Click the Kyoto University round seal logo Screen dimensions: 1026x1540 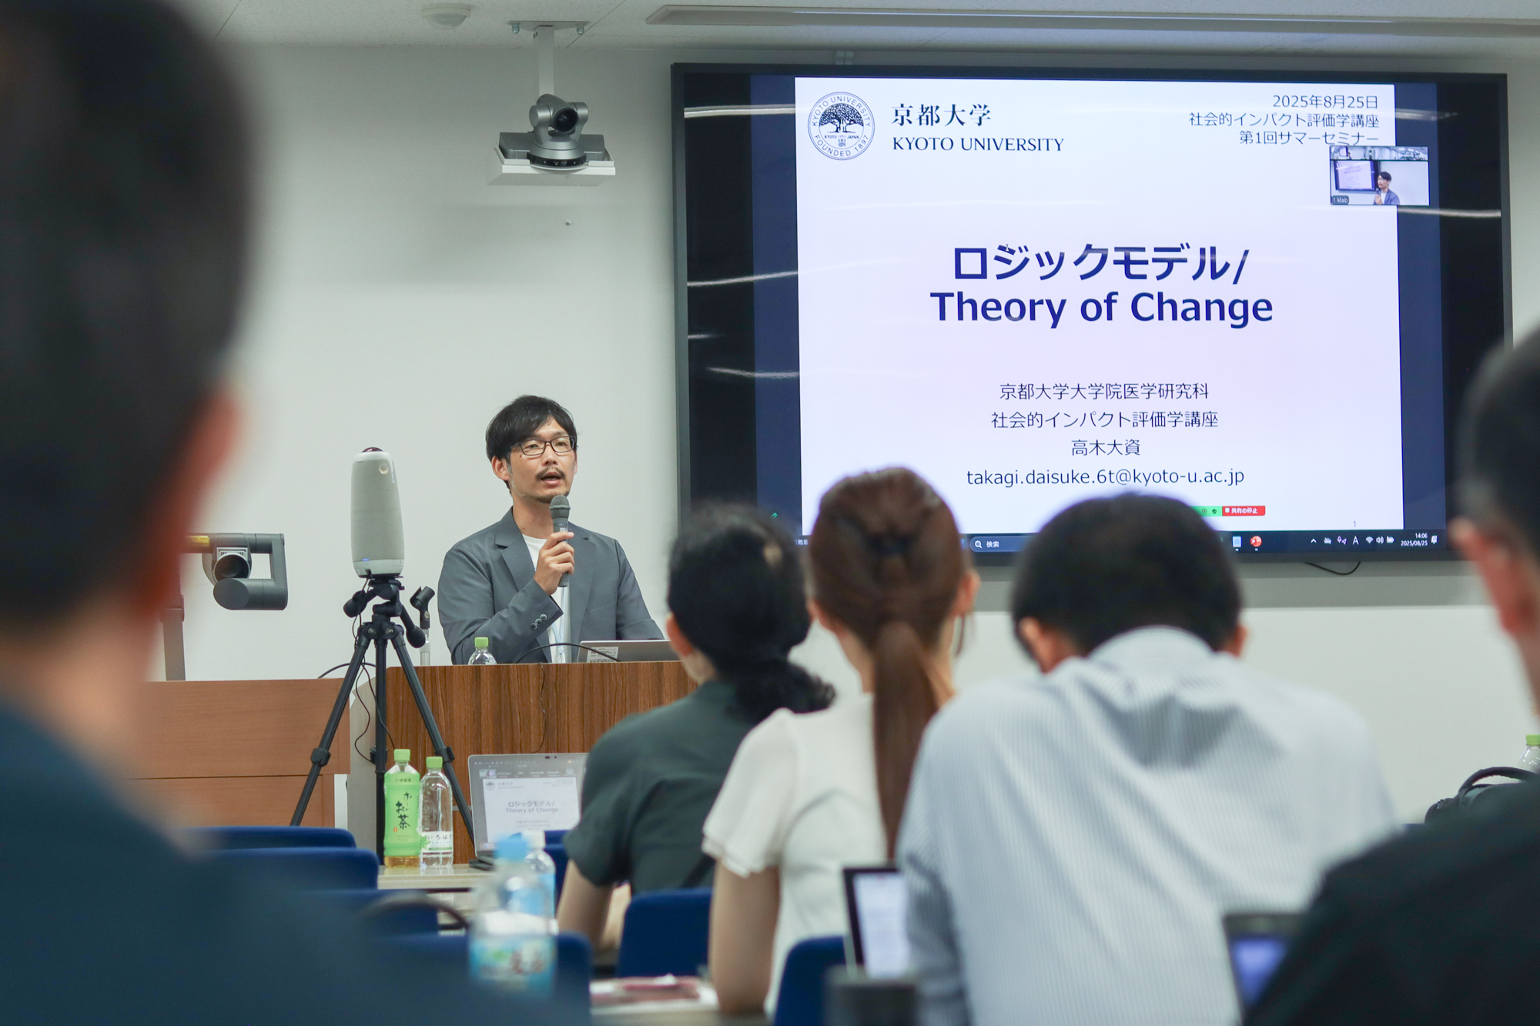[840, 125]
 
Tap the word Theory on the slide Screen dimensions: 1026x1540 [997, 307]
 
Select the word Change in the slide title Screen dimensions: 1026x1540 [1200, 307]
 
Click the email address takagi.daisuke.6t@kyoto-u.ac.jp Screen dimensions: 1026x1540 [1105, 477]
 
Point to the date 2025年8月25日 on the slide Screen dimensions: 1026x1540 [1324, 102]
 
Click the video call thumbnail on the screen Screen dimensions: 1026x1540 [1379, 176]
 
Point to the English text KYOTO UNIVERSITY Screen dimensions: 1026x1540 [978, 144]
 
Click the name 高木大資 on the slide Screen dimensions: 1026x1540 [1105, 448]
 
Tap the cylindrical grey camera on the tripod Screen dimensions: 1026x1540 [377, 512]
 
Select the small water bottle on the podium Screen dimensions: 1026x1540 [481, 652]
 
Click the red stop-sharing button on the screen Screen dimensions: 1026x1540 [1244, 510]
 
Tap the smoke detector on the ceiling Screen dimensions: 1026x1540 [447, 15]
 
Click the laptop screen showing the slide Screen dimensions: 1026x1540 [527, 800]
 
